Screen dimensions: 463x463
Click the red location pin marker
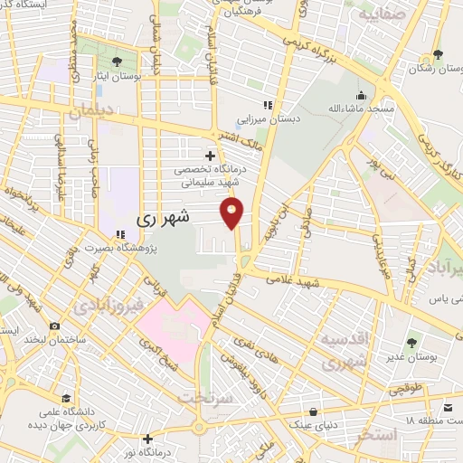[232, 213]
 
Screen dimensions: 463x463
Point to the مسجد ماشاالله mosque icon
[362, 96]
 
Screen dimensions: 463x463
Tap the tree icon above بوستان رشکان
[438, 55]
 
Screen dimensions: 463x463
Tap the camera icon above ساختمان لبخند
[54, 326]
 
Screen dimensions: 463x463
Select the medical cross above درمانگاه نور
[147, 439]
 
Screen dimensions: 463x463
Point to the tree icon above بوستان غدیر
[412, 343]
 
